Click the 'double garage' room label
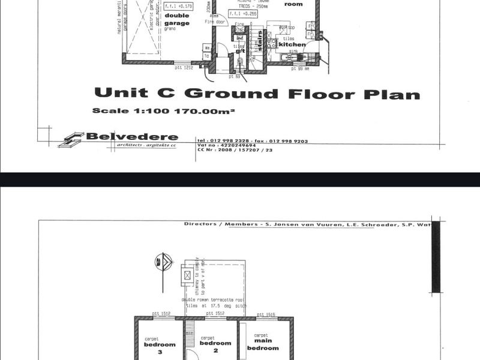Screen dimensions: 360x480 [x=176, y=20]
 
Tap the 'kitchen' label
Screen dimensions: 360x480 [x=292, y=44]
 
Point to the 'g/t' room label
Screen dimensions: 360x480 [x=240, y=51]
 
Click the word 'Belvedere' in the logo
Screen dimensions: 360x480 [x=132, y=136]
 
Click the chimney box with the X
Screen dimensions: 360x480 [x=188, y=275]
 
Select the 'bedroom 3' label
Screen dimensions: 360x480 [x=160, y=347]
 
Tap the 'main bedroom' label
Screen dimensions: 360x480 [x=263, y=344]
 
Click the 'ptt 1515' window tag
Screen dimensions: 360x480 [x=265, y=314]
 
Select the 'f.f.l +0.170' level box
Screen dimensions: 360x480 [x=178, y=7]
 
